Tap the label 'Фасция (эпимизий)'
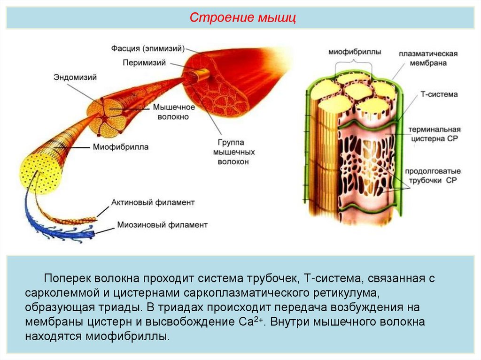pyautogui.click(x=148, y=48)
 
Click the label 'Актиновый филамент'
pyautogui.click(x=153, y=202)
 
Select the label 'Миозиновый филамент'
pyautogui.click(x=162, y=225)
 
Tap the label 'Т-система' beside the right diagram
pyautogui.click(x=438, y=94)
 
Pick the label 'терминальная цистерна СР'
pyautogui.click(x=434, y=134)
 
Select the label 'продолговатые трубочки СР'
pyautogui.click(x=434, y=175)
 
